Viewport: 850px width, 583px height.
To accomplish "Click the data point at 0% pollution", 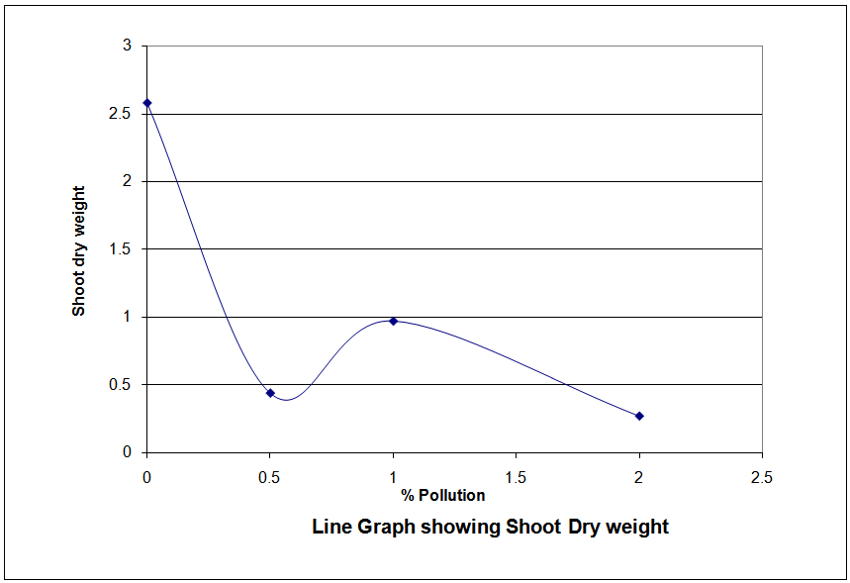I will coord(147,103).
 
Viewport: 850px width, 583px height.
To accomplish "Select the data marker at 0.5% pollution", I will coord(270,393).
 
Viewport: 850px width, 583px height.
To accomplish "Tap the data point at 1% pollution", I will coord(393,321).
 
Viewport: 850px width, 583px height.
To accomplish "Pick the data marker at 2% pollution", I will coord(639,416).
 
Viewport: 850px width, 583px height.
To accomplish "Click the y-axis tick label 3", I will coord(127,46).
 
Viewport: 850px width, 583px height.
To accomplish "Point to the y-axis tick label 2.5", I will coord(121,114).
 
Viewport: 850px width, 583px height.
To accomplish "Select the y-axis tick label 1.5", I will coord(121,249).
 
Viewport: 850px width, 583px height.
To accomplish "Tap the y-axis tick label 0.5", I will coord(121,385).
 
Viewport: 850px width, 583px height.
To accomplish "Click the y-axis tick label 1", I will coord(127,317).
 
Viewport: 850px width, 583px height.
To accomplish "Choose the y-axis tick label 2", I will coord(127,181).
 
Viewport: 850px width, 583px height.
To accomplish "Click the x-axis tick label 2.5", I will coord(761,477).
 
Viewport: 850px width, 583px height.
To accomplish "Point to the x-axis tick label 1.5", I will coord(516,477).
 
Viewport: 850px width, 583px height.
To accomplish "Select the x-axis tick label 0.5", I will coord(270,477).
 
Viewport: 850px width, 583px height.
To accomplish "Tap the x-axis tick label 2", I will coord(639,477).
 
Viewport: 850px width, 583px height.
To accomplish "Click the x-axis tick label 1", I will coord(393,477).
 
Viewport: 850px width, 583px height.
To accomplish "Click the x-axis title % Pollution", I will coord(443,495).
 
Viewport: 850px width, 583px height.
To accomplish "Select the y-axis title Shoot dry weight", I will coord(79,250).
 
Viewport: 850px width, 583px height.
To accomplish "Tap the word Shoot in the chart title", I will coord(534,527).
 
